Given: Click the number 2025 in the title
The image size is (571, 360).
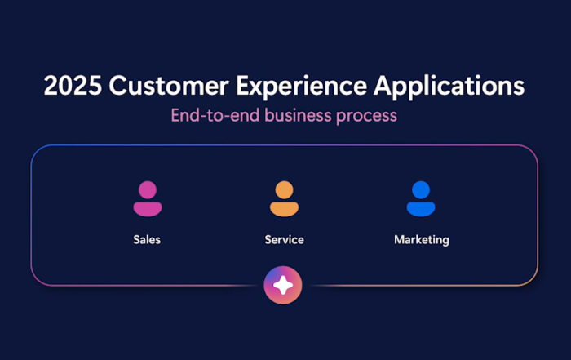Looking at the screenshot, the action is tap(73, 86).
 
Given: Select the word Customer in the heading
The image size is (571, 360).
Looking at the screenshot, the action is tap(169, 86).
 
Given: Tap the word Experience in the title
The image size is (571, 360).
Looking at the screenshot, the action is tap(302, 87).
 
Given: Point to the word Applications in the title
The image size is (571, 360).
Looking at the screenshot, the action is tap(449, 87).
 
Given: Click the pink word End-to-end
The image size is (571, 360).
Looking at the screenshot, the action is tap(215, 115).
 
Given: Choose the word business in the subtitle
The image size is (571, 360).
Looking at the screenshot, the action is tap(299, 115).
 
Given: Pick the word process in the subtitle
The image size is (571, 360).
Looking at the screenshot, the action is tap(367, 117).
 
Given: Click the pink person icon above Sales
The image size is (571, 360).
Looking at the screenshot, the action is tap(148, 199).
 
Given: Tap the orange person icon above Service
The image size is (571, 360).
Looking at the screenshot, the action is tap(284, 199).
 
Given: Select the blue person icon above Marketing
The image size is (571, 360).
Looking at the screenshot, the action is tap(421, 199).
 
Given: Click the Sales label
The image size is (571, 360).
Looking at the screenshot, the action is tap(147, 240).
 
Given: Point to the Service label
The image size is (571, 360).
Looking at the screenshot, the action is tap(284, 240).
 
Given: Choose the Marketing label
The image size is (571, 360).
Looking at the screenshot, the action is tap(422, 240).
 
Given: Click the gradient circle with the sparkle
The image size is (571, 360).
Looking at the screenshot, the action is tap(283, 285).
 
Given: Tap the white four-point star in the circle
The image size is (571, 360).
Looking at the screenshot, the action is tap(283, 285).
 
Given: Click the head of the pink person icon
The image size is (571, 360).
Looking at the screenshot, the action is tap(148, 190).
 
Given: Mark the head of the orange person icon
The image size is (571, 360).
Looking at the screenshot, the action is tap(284, 190).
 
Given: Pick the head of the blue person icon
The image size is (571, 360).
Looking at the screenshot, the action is tap(421, 190).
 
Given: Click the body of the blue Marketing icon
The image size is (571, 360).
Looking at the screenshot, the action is tap(421, 210).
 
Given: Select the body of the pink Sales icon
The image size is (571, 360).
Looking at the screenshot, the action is tap(148, 210).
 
